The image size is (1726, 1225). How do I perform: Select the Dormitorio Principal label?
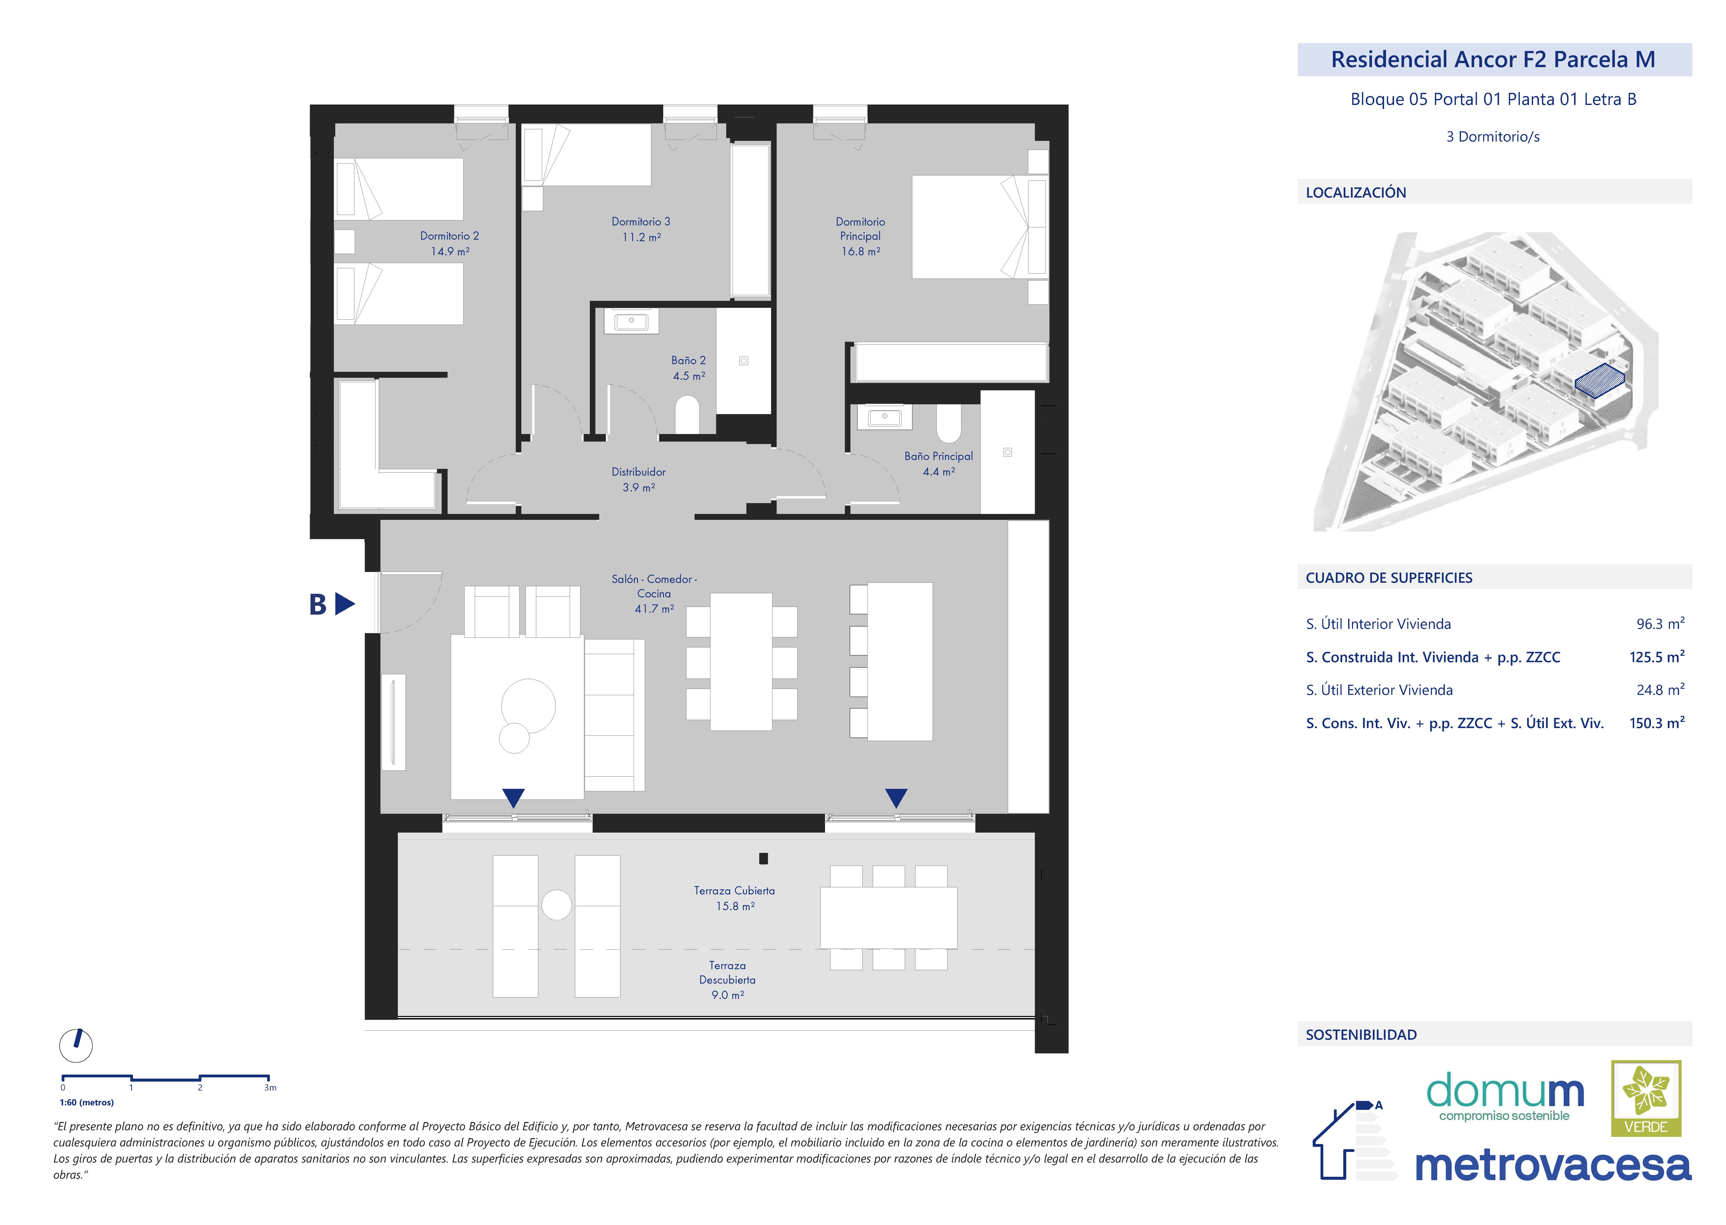coord(861,236)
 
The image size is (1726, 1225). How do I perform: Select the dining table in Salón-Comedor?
coord(741,662)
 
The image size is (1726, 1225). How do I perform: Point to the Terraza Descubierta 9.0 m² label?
coord(727,980)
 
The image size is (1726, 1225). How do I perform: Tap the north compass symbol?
coord(76,1045)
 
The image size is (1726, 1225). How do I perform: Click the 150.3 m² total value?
coord(1657,723)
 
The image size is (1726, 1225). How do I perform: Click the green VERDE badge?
coord(1646,1098)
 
